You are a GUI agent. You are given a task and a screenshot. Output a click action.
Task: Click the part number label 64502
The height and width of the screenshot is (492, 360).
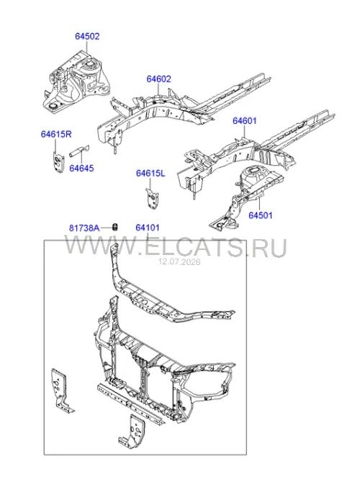click(87, 37)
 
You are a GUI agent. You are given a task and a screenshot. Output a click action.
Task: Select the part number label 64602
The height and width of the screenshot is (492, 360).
click(158, 79)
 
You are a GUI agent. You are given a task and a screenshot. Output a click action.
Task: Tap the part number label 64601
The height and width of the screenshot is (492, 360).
click(244, 121)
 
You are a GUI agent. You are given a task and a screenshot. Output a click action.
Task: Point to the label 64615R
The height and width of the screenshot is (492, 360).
click(56, 134)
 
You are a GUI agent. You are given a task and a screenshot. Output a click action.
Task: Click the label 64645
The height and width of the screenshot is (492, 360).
click(81, 168)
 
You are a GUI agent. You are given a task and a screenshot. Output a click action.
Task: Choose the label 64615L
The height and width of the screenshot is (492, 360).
click(150, 173)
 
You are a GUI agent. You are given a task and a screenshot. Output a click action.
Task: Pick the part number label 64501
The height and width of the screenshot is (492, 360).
click(260, 215)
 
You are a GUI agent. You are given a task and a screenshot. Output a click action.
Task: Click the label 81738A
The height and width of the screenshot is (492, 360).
click(84, 228)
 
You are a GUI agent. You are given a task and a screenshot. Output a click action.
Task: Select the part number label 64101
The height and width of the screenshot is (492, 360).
click(148, 228)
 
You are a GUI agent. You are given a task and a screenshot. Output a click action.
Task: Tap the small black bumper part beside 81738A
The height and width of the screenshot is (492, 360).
click(115, 226)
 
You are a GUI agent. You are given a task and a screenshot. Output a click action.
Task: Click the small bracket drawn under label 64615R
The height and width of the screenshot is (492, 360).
click(58, 161)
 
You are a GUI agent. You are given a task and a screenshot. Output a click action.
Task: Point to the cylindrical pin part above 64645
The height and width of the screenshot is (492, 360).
click(79, 151)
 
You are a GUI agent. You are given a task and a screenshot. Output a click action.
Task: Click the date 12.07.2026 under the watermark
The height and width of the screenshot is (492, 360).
click(179, 261)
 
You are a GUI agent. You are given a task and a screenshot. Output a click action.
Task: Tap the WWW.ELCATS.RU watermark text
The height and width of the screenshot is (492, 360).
click(176, 248)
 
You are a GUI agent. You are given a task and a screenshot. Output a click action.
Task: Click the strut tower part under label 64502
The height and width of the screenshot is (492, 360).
click(76, 81)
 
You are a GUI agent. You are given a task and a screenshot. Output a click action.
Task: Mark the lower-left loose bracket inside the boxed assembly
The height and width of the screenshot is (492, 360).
click(62, 390)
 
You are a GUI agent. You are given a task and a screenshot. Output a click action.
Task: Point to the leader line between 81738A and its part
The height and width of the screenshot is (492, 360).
click(106, 228)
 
